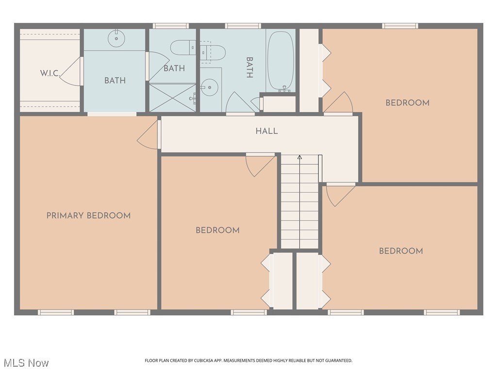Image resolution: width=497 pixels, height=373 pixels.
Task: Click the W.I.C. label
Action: pyautogui.click(x=50, y=73)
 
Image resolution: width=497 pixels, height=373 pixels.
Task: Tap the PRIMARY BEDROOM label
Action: pyautogui.click(x=88, y=216)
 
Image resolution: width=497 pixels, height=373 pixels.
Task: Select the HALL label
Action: pyautogui.click(x=266, y=131)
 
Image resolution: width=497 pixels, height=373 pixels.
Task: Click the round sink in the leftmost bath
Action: pyautogui.click(x=116, y=38)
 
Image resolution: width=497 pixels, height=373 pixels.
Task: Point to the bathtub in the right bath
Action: pyautogui.click(x=281, y=61)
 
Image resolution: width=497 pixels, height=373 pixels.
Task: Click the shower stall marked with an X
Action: pyautogui.click(x=172, y=98)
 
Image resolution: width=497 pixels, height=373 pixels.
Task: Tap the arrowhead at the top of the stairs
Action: pyautogui.click(x=299, y=157)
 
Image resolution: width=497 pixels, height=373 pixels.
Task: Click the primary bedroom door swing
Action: pyautogui.click(x=148, y=135)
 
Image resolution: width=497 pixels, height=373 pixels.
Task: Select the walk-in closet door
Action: pyautogui.click(x=71, y=72)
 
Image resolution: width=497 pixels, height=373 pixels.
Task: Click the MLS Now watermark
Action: pyautogui.click(x=26, y=363)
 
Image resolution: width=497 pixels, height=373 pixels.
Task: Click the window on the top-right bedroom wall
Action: pyautogui.click(x=400, y=26)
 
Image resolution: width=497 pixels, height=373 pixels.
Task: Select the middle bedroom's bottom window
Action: pyautogui.click(x=249, y=312)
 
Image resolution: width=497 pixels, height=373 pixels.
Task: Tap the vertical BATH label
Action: pyautogui.click(x=249, y=68)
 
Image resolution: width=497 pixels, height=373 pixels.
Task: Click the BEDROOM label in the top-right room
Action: pyautogui.click(x=407, y=103)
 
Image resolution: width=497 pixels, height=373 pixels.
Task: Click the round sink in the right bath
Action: pyautogui.click(x=209, y=87)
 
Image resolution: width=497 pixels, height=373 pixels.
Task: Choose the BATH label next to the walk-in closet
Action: pyautogui.click(x=115, y=81)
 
